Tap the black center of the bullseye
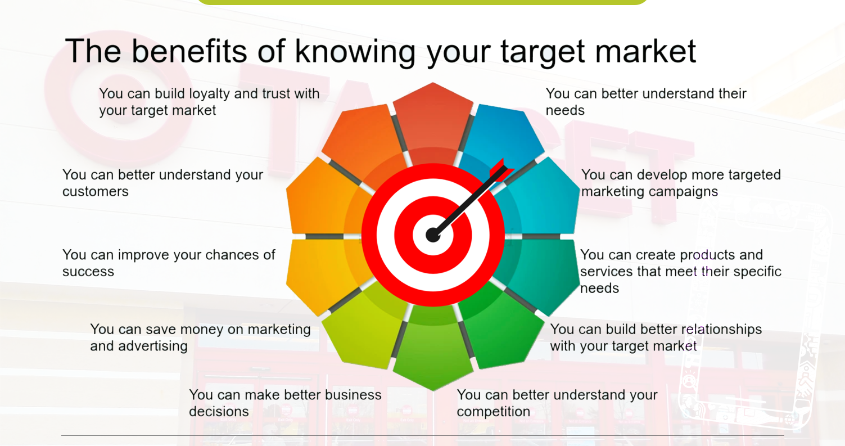click(x=432, y=235)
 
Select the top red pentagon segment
click(x=433, y=115)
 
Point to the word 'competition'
click(x=493, y=412)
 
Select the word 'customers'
click(x=96, y=192)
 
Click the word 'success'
click(x=88, y=272)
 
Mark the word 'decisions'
click(x=219, y=412)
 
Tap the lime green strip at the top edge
click(x=422, y=2)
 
